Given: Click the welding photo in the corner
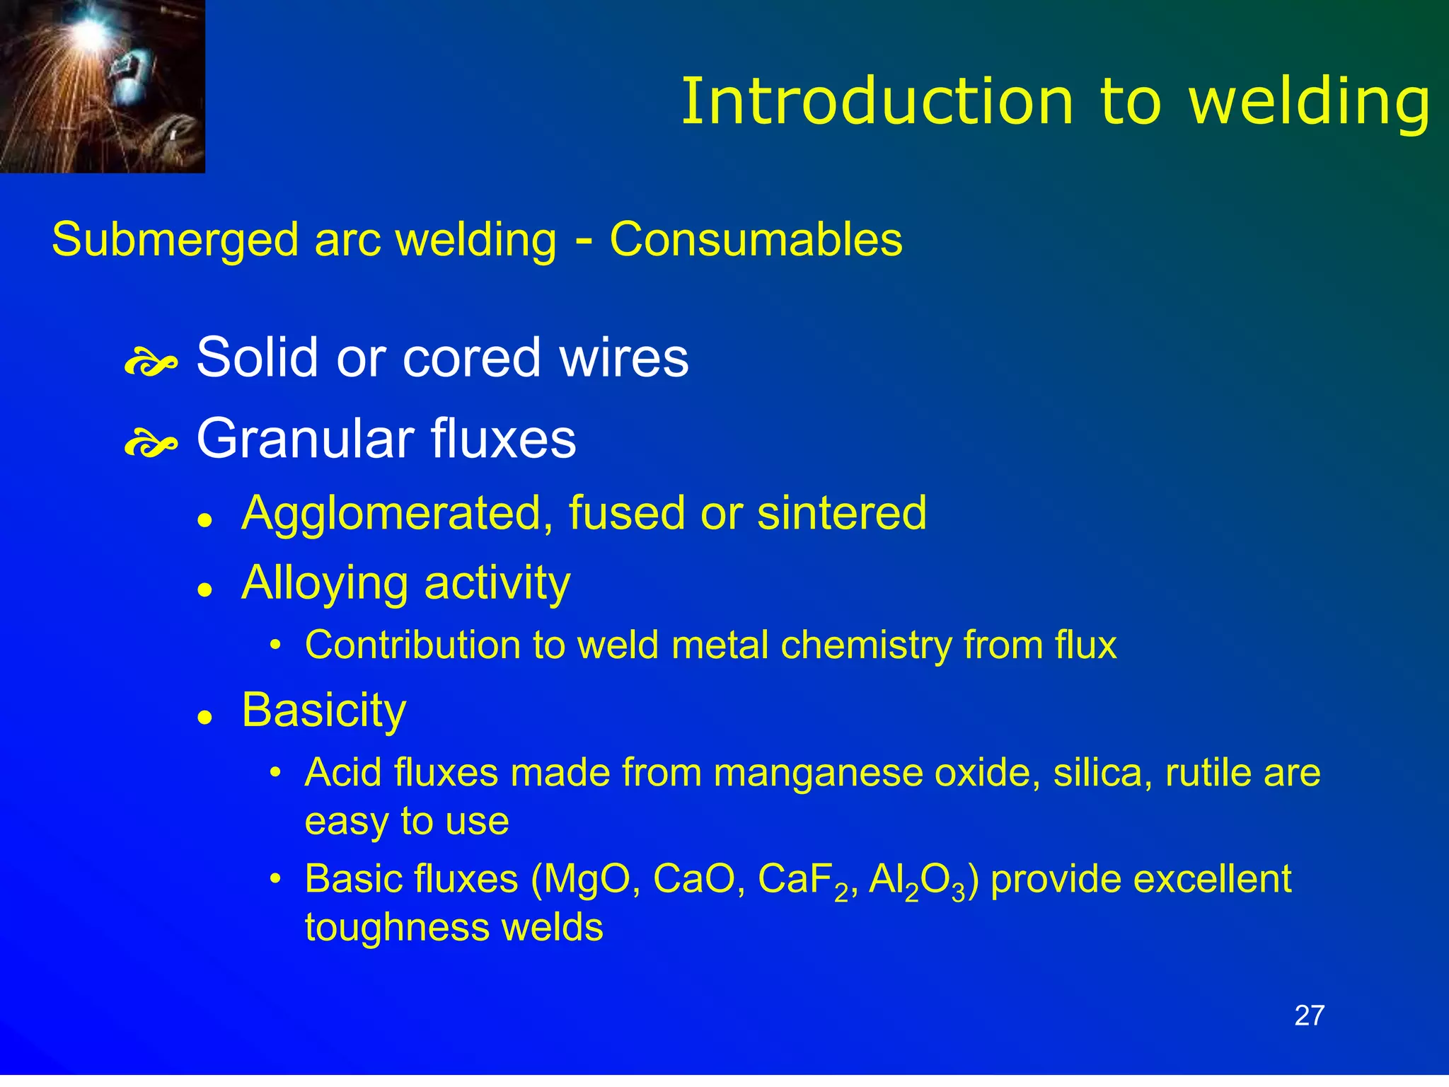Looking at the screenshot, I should [102, 86].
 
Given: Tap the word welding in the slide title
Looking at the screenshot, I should [1309, 103].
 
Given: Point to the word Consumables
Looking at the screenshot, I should [756, 239].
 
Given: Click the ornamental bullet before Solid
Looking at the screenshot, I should [150, 364].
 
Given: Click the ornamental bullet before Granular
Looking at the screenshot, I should [150, 445].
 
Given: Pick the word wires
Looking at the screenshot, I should [623, 357].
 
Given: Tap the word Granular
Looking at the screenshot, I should [305, 439].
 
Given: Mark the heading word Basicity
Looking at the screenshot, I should [324, 710].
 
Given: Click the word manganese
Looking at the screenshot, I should [818, 772].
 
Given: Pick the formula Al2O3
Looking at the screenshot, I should [917, 881].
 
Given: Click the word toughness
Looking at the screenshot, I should [396, 928].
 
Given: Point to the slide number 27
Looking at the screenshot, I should [1309, 1016].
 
